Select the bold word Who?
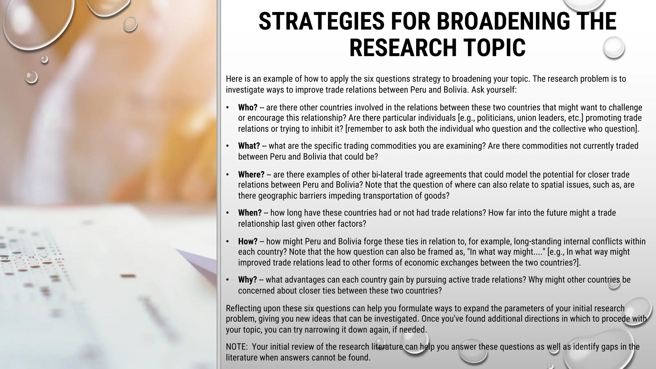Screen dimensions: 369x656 tap(248, 108)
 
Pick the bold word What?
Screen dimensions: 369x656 tap(249, 146)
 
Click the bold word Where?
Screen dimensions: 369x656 tap(251, 175)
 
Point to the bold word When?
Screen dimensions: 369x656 tap(250, 213)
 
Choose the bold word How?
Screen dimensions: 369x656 tap(248, 242)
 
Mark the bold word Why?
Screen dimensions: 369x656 tap(247, 280)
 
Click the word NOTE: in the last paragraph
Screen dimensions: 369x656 tap(237, 347)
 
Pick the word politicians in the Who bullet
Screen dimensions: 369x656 tap(492, 118)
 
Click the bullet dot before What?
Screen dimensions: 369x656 tap(227, 146)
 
